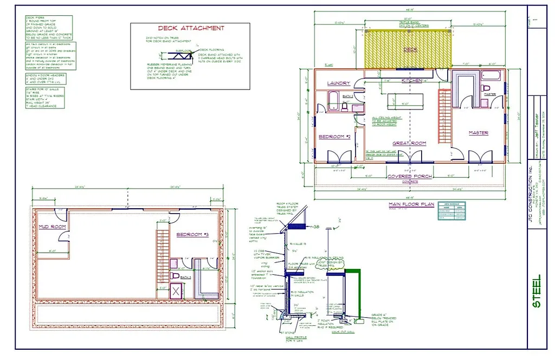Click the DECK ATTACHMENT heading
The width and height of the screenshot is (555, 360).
[x=190, y=28]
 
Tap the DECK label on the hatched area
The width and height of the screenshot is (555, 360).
[x=410, y=49]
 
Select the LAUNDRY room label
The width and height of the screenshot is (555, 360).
[x=339, y=83]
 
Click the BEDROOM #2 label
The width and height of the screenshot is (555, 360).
[x=334, y=137]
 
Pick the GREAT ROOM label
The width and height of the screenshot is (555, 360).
[x=409, y=143]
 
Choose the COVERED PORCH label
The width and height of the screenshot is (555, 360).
[x=409, y=177]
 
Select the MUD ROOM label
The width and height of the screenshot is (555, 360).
[x=51, y=227]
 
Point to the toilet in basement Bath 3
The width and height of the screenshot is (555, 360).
[x=176, y=275]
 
